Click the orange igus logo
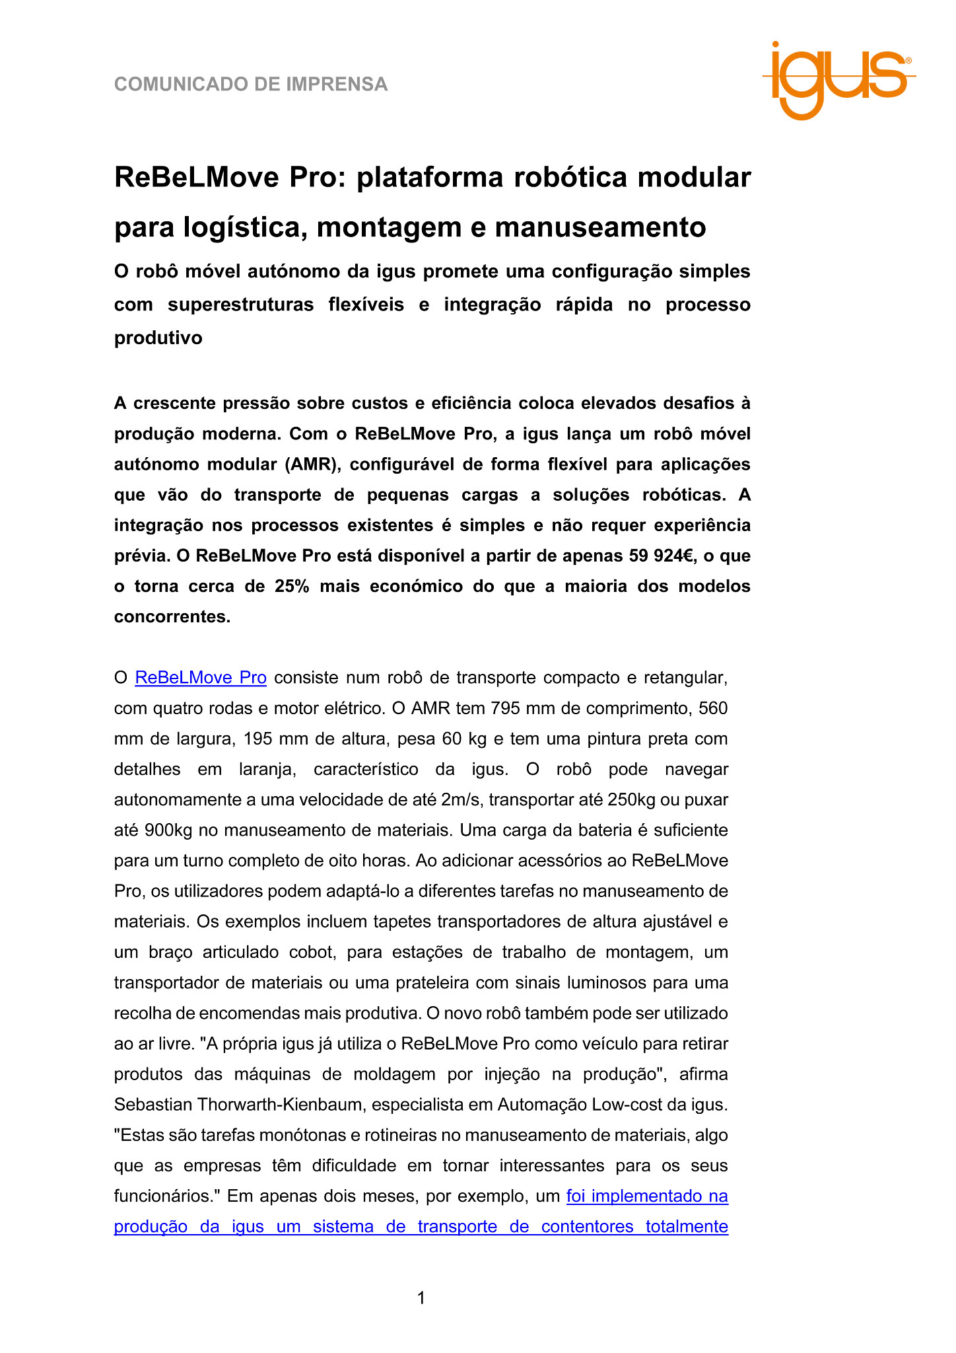click(838, 79)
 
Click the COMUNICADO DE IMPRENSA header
click(251, 85)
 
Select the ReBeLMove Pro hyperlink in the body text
click(201, 678)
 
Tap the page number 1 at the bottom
click(421, 1298)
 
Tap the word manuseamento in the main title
click(600, 227)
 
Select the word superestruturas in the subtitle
click(240, 305)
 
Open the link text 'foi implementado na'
click(647, 1196)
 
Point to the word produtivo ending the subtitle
click(158, 338)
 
